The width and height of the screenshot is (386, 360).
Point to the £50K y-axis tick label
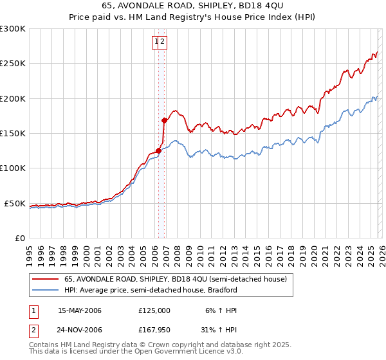pos(15,203)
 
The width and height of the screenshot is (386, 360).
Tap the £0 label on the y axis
pos(20,238)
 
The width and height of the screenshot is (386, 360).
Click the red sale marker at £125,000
pos(158,151)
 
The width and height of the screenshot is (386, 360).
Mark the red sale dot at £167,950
pos(164,120)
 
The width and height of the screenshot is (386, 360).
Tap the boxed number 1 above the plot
pos(156,42)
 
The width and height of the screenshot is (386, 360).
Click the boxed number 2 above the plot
pos(163,42)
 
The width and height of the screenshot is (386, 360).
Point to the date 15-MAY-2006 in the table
pos(80,310)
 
